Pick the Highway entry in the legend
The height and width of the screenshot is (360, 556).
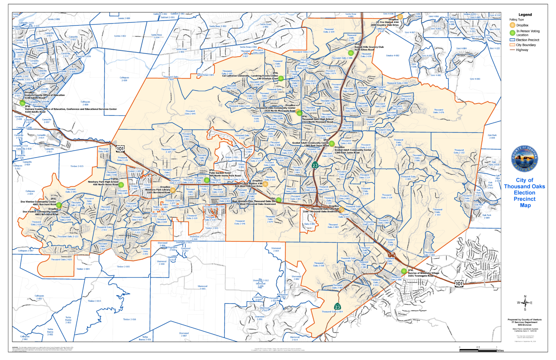(522, 50)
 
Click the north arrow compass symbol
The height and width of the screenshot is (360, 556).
(525, 303)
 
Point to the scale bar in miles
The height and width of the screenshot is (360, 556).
(478, 350)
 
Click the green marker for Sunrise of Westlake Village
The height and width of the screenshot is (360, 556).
(404, 271)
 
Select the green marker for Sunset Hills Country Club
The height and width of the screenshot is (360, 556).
(351, 53)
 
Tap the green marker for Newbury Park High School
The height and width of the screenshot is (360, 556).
(121, 185)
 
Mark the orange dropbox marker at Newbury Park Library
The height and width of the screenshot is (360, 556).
(173, 190)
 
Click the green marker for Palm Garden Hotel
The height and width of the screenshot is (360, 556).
(207, 180)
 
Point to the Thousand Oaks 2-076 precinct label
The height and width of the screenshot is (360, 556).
(438, 111)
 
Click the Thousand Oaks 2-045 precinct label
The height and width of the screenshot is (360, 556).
(190, 112)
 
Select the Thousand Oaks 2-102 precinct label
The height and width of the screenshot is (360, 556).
(459, 151)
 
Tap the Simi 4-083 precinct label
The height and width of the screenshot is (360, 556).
(475, 79)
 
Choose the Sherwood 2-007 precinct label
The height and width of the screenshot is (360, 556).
(184, 334)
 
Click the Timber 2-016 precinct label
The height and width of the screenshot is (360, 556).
(129, 319)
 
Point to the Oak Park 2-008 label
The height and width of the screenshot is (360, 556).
(492, 137)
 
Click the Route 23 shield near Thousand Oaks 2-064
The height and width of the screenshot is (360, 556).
(337, 307)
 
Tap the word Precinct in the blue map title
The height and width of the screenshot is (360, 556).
(525, 199)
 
